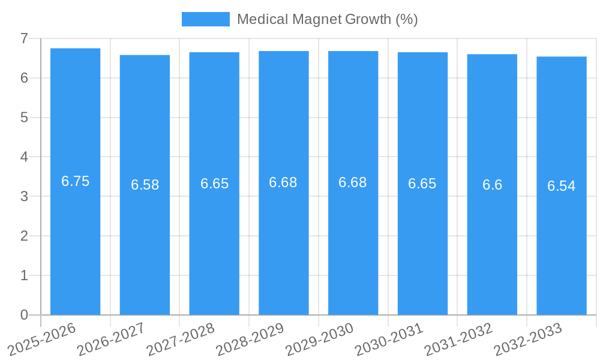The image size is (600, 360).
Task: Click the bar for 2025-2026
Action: point(75,240)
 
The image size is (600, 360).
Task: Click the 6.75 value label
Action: point(75,181)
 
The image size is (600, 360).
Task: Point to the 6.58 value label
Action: point(145,185)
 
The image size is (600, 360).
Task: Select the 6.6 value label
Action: point(492,185)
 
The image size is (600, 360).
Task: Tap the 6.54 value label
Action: point(562,186)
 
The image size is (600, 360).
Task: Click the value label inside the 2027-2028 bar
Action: point(214,184)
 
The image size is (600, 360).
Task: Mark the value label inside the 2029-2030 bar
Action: point(353,182)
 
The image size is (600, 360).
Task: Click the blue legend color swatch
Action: point(205,19)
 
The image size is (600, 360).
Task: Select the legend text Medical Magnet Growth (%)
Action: point(327,19)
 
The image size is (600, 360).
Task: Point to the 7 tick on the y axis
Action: point(24,38)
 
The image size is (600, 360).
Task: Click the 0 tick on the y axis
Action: point(24,315)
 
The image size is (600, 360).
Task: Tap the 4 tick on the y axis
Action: point(24,157)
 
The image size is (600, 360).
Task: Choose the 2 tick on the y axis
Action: point(24,236)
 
